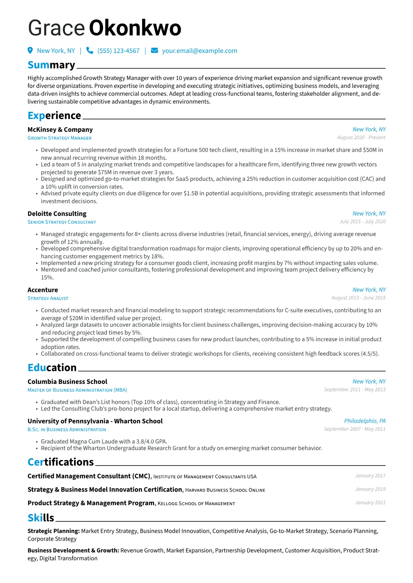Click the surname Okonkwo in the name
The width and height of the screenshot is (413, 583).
135,28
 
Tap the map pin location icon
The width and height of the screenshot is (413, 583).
30,51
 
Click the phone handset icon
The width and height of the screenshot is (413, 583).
90,51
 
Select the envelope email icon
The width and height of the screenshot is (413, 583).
154,51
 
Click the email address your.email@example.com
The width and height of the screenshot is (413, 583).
200,51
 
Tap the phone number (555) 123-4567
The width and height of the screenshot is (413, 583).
118,51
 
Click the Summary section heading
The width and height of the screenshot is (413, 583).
51,65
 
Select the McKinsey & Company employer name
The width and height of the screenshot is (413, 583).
60,130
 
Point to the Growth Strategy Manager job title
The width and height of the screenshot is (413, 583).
60,138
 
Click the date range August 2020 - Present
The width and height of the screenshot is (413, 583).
361,138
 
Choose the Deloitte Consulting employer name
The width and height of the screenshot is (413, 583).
57,214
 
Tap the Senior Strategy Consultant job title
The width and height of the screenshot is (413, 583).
62,222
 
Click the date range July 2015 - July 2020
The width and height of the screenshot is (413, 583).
362,222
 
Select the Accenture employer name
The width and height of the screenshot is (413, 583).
43,290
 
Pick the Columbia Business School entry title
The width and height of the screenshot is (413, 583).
67,382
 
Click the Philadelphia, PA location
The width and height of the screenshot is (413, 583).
365,421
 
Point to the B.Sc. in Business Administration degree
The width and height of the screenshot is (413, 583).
67,430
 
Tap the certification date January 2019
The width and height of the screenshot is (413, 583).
370,489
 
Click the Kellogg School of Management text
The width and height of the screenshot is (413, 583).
196,503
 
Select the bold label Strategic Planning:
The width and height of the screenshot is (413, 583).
54,531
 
